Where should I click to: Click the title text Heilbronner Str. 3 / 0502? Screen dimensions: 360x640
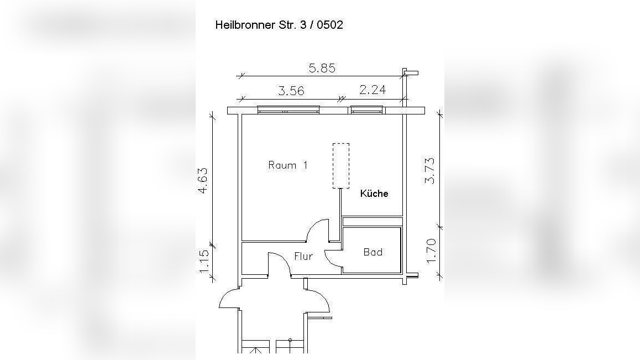pyautogui.click(x=279, y=25)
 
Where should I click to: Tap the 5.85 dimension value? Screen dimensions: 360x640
pyautogui.click(x=322, y=68)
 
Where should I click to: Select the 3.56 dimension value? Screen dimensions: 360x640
pyautogui.click(x=291, y=91)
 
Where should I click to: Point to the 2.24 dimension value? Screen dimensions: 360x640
pyautogui.click(x=373, y=90)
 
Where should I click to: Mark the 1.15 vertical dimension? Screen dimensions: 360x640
pyautogui.click(x=204, y=261)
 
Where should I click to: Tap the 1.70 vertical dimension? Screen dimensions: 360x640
pyautogui.click(x=432, y=250)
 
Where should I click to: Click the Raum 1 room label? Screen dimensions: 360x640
pyautogui.click(x=287, y=165)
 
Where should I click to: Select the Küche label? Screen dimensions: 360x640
pyautogui.click(x=374, y=194)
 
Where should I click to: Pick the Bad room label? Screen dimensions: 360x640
pyautogui.click(x=373, y=252)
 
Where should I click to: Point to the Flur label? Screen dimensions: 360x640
pyautogui.click(x=303, y=257)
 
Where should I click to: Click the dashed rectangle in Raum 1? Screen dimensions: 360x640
pyautogui.click(x=341, y=166)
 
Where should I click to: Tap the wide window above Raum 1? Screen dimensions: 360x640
pyautogui.click(x=287, y=110)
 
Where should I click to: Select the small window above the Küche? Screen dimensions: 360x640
pyautogui.click(x=368, y=110)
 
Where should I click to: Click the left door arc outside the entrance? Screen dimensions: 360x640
pyautogui.click(x=228, y=298)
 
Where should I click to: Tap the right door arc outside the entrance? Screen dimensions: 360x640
pyautogui.click(x=319, y=298)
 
